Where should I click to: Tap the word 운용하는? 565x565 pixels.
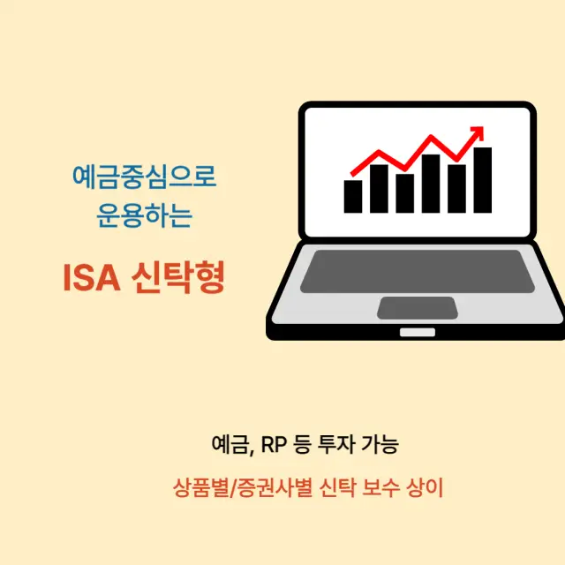point(144,215)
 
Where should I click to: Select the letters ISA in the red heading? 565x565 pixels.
point(90,278)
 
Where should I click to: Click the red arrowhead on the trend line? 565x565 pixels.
point(478,134)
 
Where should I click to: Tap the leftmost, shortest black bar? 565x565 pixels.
point(353,196)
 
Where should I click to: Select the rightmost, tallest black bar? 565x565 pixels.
point(482,180)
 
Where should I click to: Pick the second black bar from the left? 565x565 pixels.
point(379,188)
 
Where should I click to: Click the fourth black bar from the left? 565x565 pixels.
point(431,184)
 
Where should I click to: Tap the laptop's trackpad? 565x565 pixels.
point(417,307)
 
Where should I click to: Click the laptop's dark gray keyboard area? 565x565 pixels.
point(417,270)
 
